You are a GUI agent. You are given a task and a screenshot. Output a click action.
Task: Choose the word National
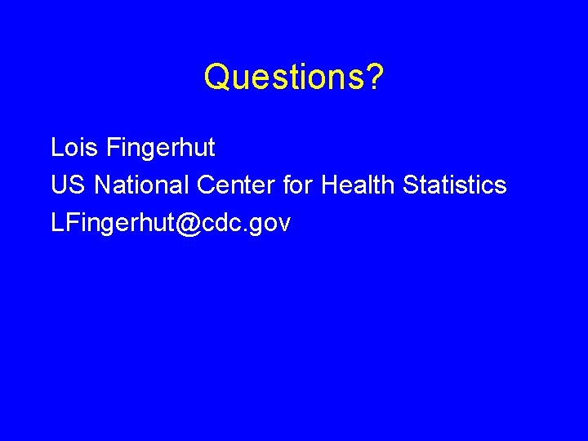pyautogui.click(x=142, y=185)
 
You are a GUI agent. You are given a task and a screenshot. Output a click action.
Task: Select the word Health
pyautogui.click(x=358, y=185)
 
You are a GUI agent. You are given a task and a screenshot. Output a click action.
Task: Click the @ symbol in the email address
pyautogui.click(x=187, y=224)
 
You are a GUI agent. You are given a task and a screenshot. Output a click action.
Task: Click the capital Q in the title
pyautogui.click(x=216, y=78)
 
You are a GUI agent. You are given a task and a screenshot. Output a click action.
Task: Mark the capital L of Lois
pyautogui.click(x=56, y=148)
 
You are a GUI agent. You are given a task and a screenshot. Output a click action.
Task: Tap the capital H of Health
pyautogui.click(x=329, y=185)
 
